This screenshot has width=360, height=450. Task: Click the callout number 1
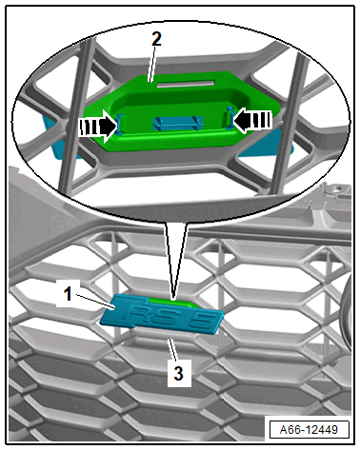[x=69, y=294]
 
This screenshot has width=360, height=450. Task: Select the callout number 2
[x=156, y=40]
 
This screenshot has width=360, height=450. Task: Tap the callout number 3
[x=178, y=373]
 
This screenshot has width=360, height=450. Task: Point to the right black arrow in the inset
[x=252, y=120]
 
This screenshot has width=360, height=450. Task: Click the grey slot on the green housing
[x=186, y=84]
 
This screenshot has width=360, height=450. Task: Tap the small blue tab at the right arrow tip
[x=230, y=118]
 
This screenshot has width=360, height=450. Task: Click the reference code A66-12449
[x=309, y=430]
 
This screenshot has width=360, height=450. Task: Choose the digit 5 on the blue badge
[x=202, y=322]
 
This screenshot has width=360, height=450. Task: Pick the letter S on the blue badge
[x=168, y=318]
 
